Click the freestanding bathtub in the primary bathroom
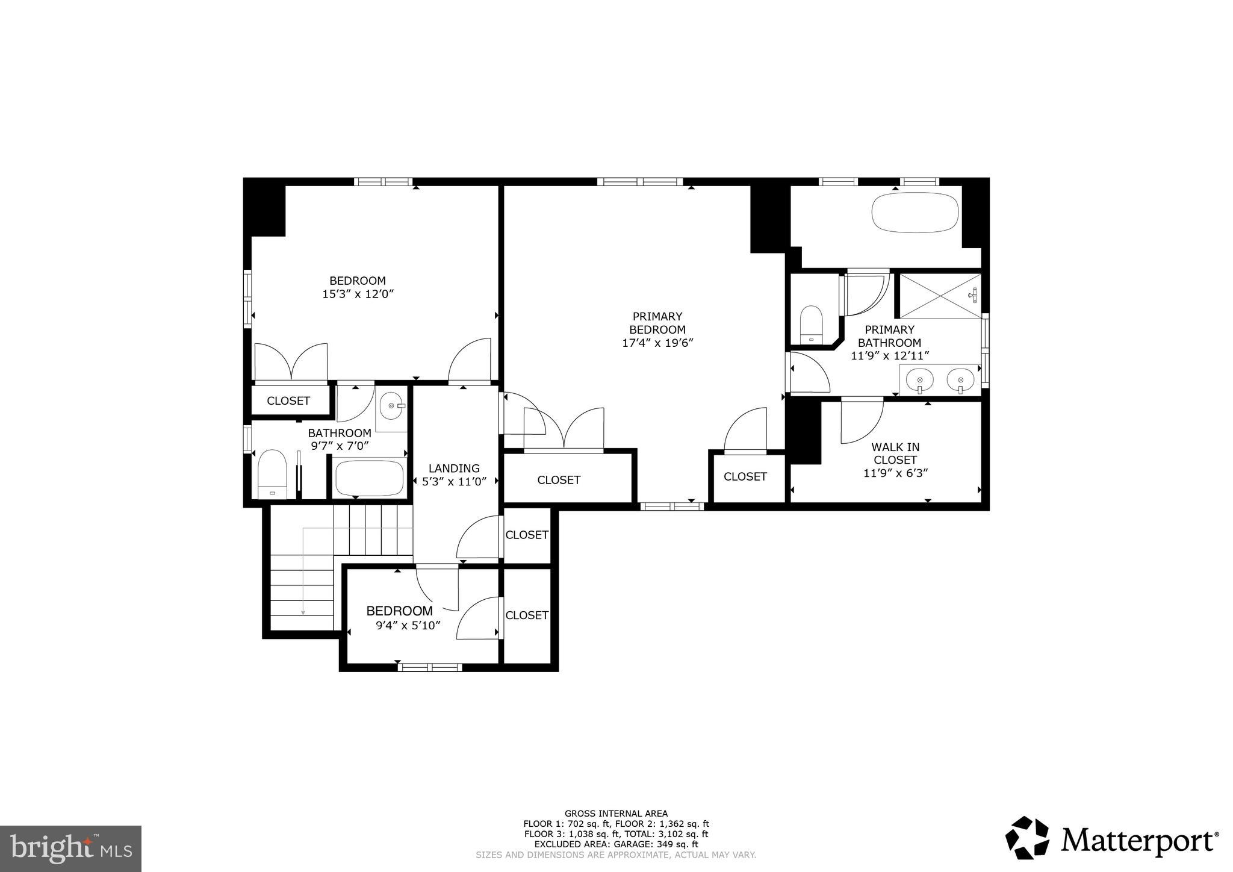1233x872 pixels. click(915, 212)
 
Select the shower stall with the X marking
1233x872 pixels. click(939, 296)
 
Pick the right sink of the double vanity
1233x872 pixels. click(960, 380)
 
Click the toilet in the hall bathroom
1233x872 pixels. click(272, 474)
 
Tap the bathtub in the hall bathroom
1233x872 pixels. click(370, 478)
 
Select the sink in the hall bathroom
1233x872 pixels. click(392, 406)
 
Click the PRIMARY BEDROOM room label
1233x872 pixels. click(657, 323)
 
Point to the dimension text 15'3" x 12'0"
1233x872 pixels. click(358, 294)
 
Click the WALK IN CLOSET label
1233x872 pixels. click(895, 453)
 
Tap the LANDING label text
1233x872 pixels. click(454, 468)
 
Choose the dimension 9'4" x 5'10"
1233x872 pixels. click(408, 626)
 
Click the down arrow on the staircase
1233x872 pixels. click(303, 611)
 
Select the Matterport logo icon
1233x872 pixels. click(1028, 838)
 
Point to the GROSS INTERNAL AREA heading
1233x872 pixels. click(616, 814)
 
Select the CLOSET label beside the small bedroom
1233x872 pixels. click(527, 615)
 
